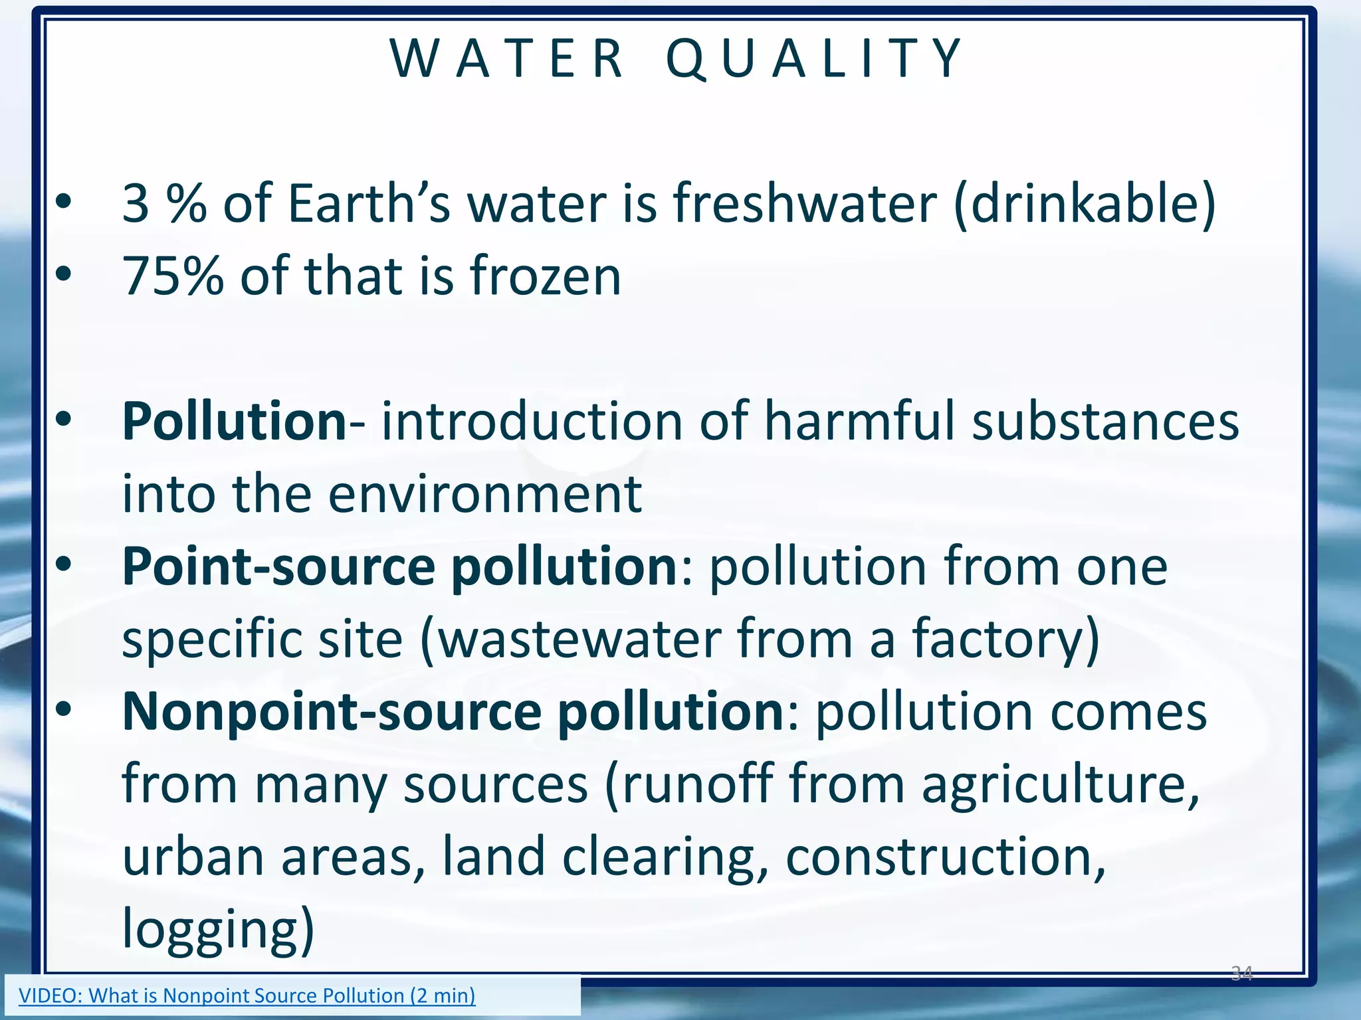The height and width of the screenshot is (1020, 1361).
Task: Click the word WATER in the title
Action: point(506,59)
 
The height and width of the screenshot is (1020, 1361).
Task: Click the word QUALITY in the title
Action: point(814,59)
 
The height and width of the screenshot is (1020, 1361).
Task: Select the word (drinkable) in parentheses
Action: point(1085,203)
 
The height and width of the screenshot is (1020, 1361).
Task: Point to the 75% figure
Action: point(173,276)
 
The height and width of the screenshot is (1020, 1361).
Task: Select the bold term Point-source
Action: point(279,566)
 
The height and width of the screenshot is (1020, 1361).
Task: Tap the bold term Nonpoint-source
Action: point(332,711)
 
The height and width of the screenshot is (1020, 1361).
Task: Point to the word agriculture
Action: point(1060,784)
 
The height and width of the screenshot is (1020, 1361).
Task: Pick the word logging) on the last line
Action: point(218,929)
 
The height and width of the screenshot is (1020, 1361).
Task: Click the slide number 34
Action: point(1241,974)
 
